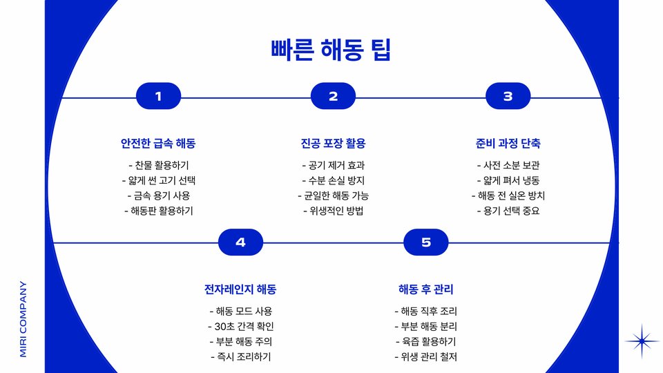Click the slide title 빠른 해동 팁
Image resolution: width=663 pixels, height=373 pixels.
[x=331, y=50]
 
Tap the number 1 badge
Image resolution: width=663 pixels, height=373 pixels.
[x=158, y=97]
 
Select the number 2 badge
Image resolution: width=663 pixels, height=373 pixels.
[x=333, y=97]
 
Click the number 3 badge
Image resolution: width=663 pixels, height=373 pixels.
[x=508, y=97]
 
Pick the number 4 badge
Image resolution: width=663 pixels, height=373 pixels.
[x=240, y=242]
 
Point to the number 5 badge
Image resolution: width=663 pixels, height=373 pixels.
[x=426, y=242]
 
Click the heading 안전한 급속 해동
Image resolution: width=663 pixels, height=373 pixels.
[x=158, y=144]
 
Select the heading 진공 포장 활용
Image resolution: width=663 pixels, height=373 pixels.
[x=333, y=144]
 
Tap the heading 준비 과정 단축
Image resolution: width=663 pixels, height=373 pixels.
[x=508, y=144]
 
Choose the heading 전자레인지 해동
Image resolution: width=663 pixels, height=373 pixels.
[x=240, y=289]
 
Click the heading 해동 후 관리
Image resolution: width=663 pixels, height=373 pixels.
[x=426, y=289]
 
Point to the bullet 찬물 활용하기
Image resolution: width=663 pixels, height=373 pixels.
[x=158, y=166]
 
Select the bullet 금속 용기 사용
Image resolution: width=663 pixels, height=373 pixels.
[x=158, y=195]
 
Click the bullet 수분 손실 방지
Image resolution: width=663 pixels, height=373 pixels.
[x=333, y=181]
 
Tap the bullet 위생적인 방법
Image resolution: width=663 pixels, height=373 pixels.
[x=333, y=211]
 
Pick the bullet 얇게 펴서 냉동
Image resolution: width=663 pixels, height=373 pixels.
[x=508, y=181]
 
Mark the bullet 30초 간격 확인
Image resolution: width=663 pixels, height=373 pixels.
[x=240, y=327]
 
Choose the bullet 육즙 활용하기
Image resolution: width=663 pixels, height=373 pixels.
[x=426, y=342]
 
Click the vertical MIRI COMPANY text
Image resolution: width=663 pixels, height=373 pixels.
[x=23, y=318]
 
